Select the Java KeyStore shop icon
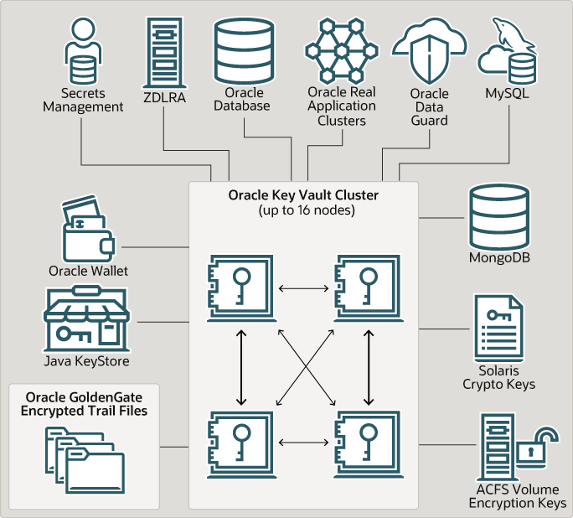tap(85, 319)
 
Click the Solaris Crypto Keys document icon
tap(499, 331)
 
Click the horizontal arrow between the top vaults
tap(304, 288)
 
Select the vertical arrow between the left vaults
tap(242, 365)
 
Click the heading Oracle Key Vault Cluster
tap(303, 194)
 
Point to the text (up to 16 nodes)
tap(303, 210)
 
